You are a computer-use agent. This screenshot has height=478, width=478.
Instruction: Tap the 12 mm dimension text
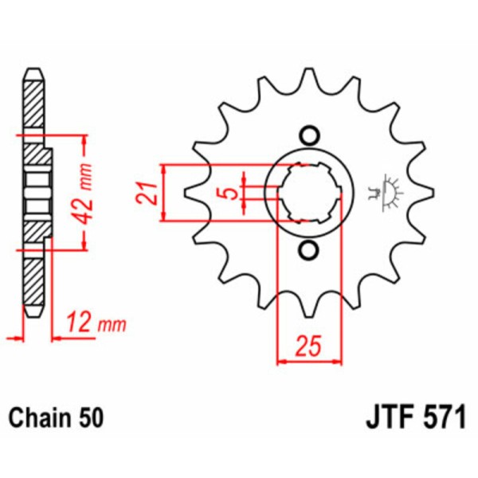coord(99,323)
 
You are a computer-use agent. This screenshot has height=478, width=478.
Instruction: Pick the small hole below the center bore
coord(308,251)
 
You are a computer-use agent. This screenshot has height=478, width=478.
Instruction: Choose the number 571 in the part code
coord(441,417)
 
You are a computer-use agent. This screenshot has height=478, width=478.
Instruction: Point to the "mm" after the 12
coord(113,323)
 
